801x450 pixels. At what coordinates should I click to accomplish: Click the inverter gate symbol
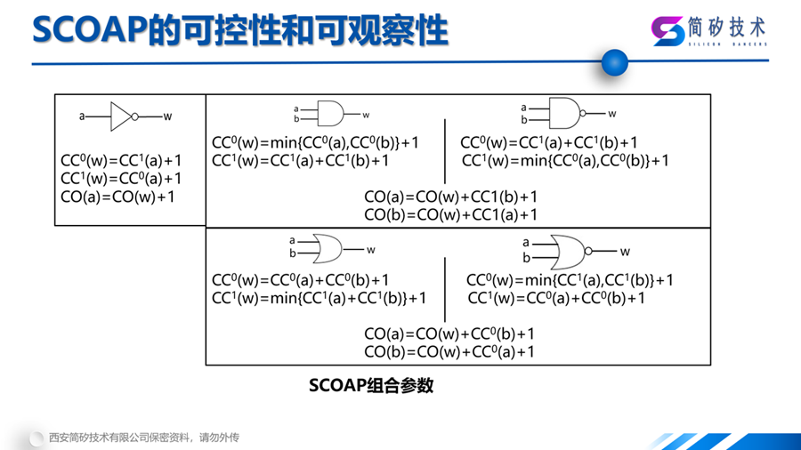[x=121, y=116]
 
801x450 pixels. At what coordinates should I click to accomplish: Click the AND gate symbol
[x=330, y=114]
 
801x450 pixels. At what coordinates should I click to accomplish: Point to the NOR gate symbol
[x=565, y=251]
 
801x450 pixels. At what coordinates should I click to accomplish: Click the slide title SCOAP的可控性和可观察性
[x=240, y=30]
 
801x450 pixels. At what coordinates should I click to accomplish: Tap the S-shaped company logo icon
[x=668, y=31]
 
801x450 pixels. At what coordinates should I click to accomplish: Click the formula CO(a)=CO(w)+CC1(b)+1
[x=451, y=197]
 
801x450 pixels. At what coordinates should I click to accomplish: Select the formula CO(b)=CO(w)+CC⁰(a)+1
[x=449, y=351]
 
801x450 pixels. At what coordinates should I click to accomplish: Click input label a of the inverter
[x=82, y=116]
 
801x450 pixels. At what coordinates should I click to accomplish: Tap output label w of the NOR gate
[x=625, y=252]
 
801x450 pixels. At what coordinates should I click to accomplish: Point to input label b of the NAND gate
[x=524, y=120]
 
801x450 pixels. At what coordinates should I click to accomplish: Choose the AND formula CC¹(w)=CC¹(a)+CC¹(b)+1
[x=300, y=160]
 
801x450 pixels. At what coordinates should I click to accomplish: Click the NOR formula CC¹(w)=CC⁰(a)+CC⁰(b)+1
[x=556, y=298]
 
